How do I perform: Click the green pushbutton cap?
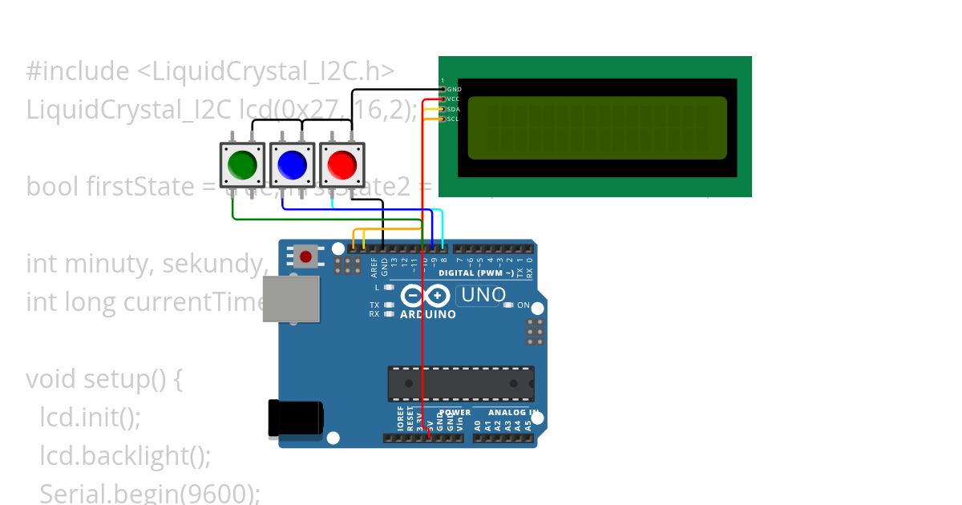click(x=242, y=165)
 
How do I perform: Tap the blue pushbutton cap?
click(x=292, y=165)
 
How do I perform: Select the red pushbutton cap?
click(x=342, y=165)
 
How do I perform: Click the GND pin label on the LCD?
click(x=454, y=89)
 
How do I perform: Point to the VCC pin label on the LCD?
click(x=454, y=99)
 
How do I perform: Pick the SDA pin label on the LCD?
click(x=454, y=109)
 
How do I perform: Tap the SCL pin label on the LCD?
click(x=454, y=119)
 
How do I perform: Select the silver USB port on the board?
click(x=291, y=299)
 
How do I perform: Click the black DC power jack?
click(x=295, y=418)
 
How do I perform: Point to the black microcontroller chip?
click(x=461, y=384)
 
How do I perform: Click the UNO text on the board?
click(x=483, y=295)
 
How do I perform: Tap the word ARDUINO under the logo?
click(x=428, y=314)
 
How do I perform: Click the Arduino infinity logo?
click(x=424, y=296)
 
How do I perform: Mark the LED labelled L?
click(x=390, y=287)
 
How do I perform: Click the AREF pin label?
click(x=374, y=266)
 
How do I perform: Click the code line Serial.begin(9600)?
click(x=150, y=493)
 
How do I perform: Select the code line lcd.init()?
click(x=90, y=417)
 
